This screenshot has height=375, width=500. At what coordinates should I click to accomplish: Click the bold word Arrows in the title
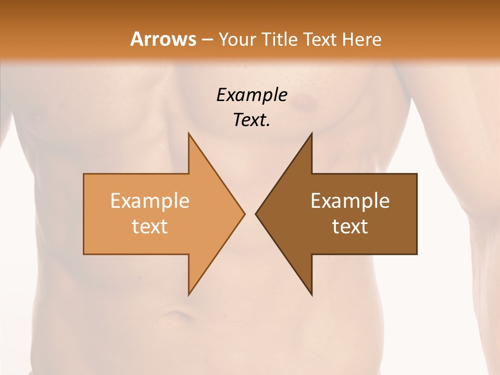coord(164,39)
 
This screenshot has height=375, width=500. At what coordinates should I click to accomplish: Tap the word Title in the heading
coord(280,39)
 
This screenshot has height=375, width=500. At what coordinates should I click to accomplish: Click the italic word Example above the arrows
coord(252,95)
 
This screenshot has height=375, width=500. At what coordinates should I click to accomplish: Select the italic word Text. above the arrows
coord(252,120)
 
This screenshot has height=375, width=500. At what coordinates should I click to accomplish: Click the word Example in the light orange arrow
coord(150,201)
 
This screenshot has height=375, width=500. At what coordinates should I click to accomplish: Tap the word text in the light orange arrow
coord(150,227)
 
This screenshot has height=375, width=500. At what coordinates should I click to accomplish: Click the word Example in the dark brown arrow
coord(350,201)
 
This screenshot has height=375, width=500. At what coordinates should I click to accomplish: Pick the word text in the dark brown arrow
coord(350,227)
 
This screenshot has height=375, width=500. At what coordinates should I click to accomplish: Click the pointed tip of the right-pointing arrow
coord(244,214)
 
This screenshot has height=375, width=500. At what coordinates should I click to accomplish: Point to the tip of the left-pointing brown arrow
coord(256,214)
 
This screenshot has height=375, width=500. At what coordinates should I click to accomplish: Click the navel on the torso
coord(176,315)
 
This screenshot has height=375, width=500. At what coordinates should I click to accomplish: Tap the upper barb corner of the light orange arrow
coord(189,134)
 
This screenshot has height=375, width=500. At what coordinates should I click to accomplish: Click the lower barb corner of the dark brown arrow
coord(311,295)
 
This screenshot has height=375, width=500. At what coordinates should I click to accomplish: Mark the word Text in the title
coord(321,39)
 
